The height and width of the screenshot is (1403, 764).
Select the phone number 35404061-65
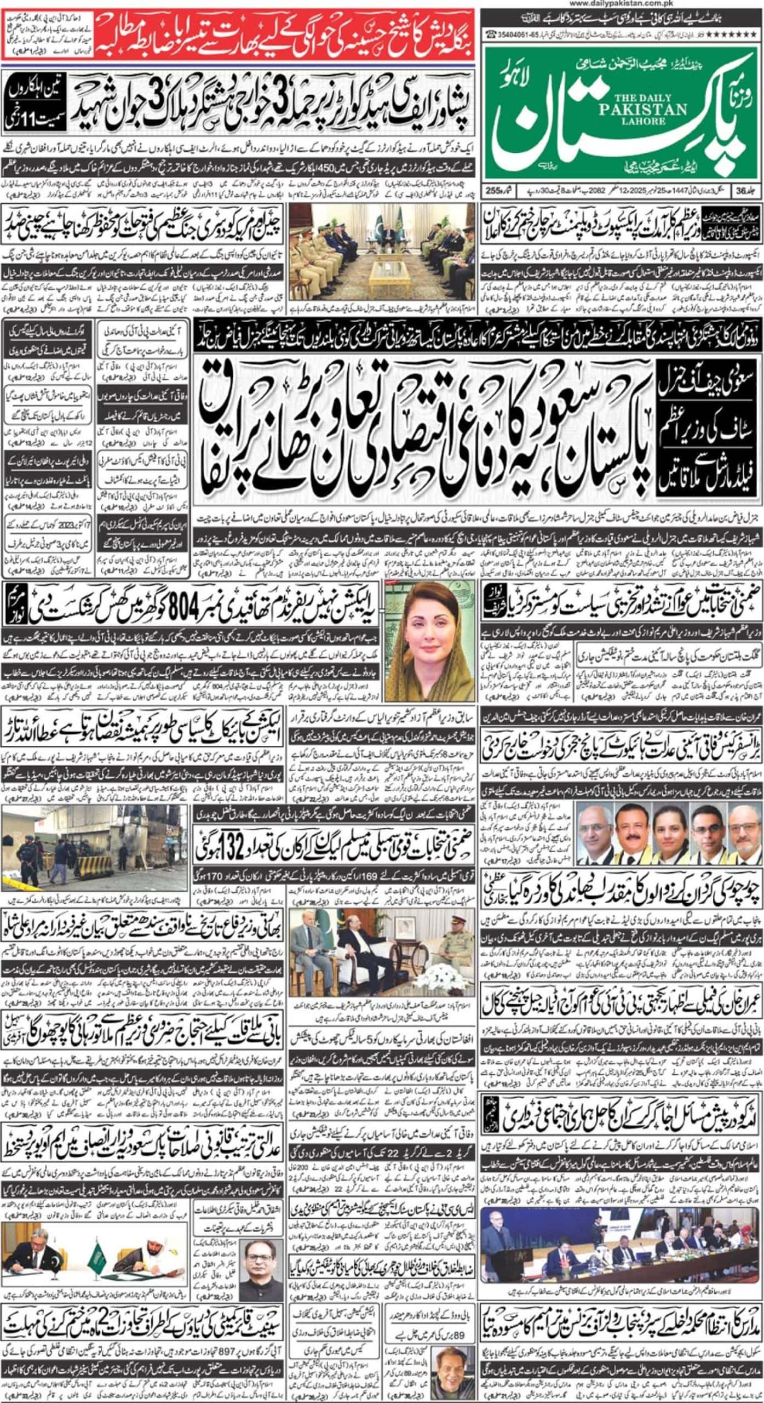click(x=513, y=34)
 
